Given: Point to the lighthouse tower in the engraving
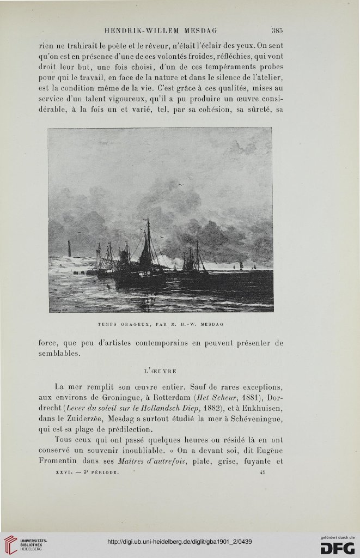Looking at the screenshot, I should coord(69,248).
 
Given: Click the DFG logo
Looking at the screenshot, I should coord(337,547).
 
